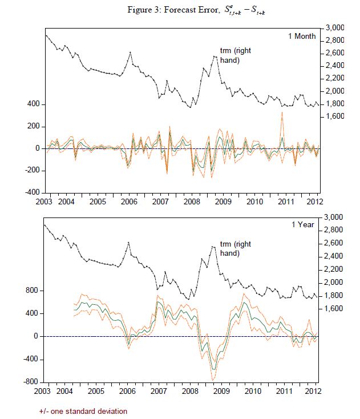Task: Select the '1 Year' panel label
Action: pos(305,225)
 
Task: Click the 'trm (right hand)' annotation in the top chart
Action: pos(236,55)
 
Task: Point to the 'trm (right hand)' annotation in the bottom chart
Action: pos(236,249)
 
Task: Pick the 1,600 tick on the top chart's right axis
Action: pos(335,116)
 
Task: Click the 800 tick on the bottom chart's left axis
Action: pos(31,291)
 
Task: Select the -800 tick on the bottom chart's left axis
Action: pos(30,381)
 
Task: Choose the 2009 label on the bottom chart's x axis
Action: pos(223,392)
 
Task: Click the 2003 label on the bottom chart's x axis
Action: pos(45,392)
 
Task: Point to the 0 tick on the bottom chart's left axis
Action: pos(36,336)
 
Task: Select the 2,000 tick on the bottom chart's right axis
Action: pos(335,283)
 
